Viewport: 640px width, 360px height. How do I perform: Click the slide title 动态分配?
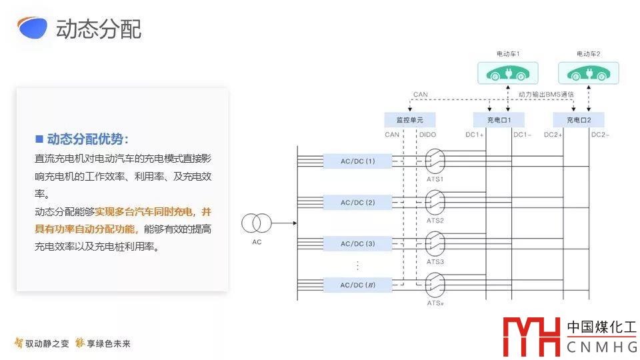[99, 29]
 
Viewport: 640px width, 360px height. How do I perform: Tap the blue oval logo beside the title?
[32, 27]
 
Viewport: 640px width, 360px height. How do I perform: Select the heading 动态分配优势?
[87, 139]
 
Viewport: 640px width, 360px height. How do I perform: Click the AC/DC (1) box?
[357, 161]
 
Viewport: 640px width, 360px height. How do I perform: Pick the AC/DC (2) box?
[357, 203]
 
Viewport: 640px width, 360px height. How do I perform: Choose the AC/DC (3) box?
[357, 244]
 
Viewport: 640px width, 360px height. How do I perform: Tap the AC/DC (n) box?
[357, 285]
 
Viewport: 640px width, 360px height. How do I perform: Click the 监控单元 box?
[409, 120]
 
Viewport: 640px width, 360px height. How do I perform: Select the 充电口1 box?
[499, 120]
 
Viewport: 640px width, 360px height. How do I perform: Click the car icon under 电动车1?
[508, 73]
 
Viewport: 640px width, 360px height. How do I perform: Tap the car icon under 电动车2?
[588, 73]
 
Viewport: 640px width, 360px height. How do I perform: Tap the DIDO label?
[427, 135]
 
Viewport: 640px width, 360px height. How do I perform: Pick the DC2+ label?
[553, 135]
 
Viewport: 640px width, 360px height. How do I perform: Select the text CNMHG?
[601, 347]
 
